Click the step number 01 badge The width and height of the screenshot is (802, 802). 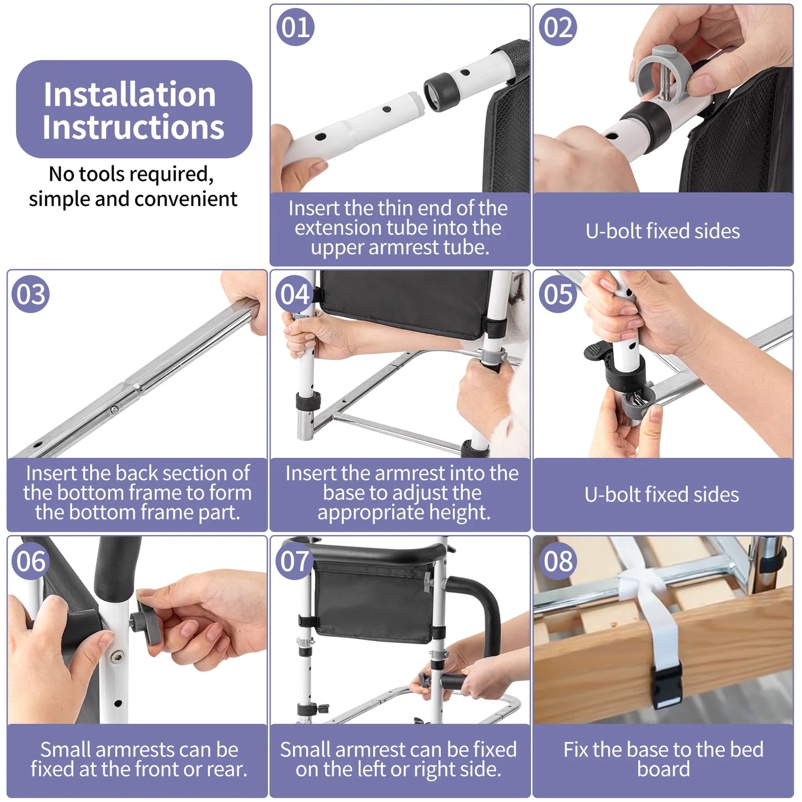click(295, 27)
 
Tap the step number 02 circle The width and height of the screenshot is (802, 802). click(558, 27)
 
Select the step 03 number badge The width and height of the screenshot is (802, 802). click(31, 294)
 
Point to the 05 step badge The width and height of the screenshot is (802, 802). click(558, 294)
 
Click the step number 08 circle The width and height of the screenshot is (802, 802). click(558, 561)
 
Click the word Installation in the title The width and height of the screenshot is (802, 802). click(129, 94)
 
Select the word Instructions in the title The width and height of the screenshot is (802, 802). click(133, 127)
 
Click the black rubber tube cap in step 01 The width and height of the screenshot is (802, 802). click(440, 90)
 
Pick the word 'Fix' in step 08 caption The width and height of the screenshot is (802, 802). click(576, 749)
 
